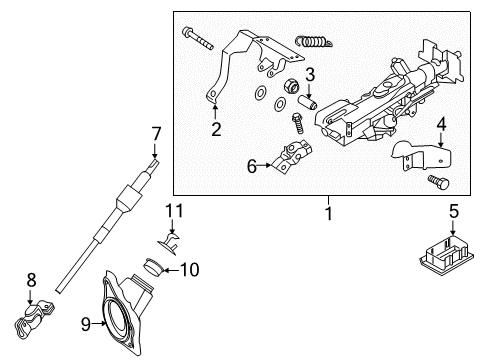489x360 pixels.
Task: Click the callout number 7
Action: [x=156, y=135]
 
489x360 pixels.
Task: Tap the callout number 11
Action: [x=175, y=211]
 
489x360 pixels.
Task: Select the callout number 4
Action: [x=441, y=125]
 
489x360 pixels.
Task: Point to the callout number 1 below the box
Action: [x=329, y=213]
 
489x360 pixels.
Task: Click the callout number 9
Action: [x=86, y=324]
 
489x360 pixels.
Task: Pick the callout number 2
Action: [x=216, y=129]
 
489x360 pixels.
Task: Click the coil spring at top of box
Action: [x=313, y=41]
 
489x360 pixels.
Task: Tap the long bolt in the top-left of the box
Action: [x=198, y=38]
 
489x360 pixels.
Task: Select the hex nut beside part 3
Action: [x=290, y=87]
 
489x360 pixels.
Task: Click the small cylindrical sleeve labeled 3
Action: [x=307, y=102]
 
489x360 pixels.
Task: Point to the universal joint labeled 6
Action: [x=292, y=156]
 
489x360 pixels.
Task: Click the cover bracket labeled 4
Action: [x=421, y=155]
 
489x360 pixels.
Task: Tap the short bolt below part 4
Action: [x=438, y=182]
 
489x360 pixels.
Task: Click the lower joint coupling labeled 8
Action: [x=34, y=318]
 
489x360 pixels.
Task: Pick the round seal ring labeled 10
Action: [x=153, y=267]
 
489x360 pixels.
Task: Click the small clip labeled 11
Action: [x=169, y=243]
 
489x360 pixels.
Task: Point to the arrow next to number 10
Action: [x=171, y=270]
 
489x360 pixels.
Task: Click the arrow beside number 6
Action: [x=264, y=165]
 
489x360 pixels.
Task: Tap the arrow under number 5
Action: [x=453, y=228]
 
